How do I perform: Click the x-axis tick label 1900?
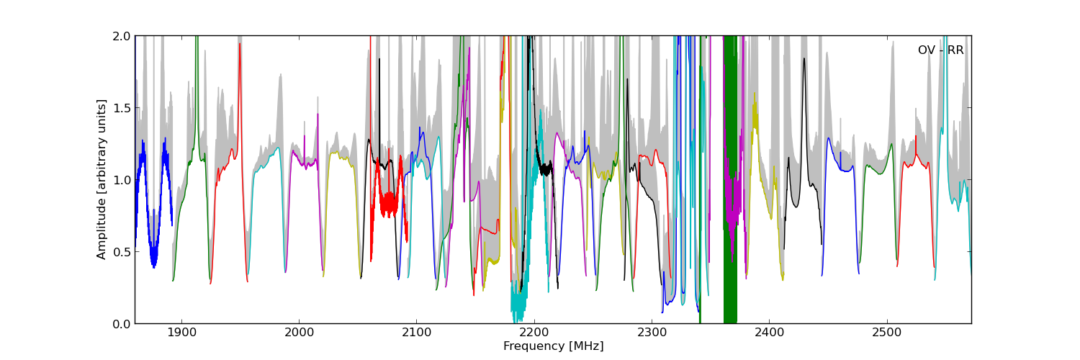point(181,333)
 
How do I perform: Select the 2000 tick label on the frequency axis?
point(299,333)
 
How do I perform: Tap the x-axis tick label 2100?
point(416,333)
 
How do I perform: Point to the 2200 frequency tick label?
point(534,333)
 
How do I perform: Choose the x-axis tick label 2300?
point(652,333)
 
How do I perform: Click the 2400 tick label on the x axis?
point(769,333)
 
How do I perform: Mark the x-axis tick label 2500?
point(886,333)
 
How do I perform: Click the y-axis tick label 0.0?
point(122,324)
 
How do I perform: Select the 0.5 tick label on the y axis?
point(122,252)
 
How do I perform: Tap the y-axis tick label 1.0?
point(122,180)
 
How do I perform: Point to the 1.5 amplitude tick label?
point(122,108)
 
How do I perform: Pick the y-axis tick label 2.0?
point(122,36)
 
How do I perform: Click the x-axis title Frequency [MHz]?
point(553,346)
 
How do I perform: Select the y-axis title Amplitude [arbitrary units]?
point(102,179)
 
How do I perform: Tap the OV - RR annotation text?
point(940,50)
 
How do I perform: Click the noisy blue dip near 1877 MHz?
point(153,256)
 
